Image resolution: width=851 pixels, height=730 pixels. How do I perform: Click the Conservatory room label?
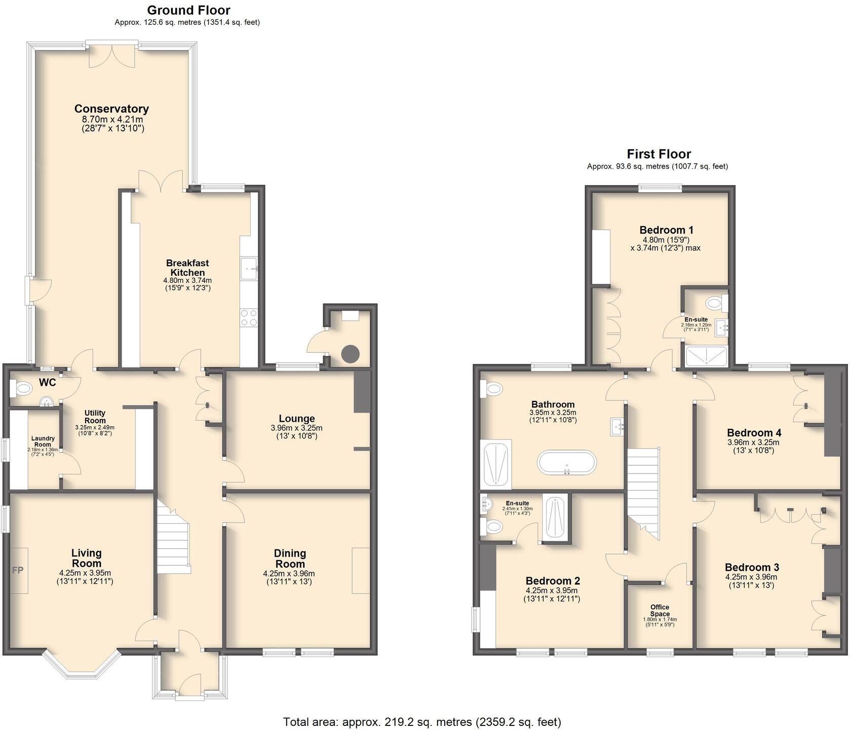point(111,108)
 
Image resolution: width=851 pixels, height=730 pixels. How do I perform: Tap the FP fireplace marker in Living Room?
point(18,570)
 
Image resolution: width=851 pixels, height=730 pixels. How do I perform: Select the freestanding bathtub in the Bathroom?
point(566,463)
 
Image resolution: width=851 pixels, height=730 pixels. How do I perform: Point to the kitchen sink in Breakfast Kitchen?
point(249,268)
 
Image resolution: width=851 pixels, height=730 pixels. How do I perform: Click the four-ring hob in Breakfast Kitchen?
point(249,318)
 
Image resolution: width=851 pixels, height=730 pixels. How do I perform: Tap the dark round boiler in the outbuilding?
point(350,353)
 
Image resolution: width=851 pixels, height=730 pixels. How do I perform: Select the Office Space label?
point(660,610)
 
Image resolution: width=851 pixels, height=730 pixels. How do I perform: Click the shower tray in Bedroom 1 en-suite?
point(706,356)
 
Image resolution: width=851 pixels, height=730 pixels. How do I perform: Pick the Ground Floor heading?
point(188,10)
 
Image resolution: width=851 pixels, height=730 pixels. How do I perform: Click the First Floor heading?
point(659,154)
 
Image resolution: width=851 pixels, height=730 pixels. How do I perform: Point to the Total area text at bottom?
point(421,721)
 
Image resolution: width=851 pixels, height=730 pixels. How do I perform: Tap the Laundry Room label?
point(43,442)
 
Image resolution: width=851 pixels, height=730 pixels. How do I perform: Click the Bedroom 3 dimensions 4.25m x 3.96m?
point(751,577)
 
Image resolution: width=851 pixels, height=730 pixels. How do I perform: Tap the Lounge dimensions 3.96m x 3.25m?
point(296,428)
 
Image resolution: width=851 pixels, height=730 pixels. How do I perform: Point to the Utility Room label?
point(95,417)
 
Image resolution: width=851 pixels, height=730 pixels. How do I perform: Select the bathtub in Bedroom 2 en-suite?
point(555,517)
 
